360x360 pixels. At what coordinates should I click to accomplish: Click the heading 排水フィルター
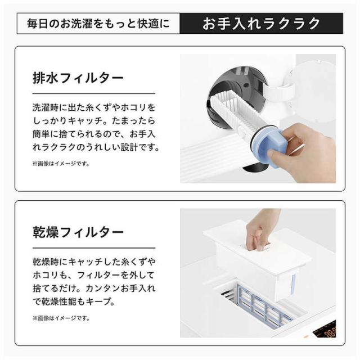click(x=78, y=78)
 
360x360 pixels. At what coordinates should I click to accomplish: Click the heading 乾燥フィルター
click(x=78, y=232)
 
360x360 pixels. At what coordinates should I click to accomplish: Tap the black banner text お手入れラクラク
click(x=261, y=24)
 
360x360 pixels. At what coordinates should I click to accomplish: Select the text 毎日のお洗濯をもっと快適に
click(x=98, y=24)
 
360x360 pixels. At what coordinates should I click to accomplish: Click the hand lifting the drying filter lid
click(x=262, y=229)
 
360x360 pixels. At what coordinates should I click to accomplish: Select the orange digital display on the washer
click(x=326, y=331)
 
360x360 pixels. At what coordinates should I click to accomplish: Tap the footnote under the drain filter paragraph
click(x=61, y=164)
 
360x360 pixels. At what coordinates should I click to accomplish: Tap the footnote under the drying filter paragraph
click(x=61, y=318)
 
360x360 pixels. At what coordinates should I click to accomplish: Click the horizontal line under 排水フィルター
click(x=94, y=94)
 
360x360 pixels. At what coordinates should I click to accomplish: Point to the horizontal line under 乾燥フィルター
click(x=94, y=248)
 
